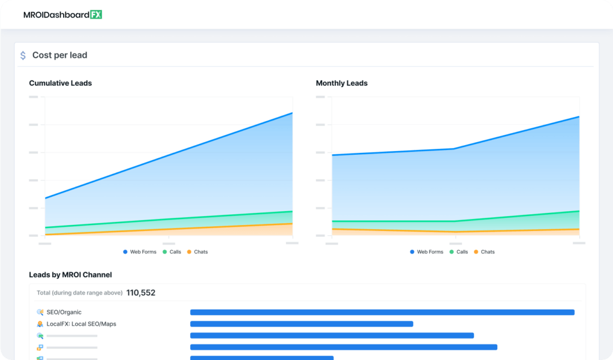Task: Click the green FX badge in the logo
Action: pyautogui.click(x=96, y=14)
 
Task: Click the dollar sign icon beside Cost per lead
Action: pyautogui.click(x=23, y=55)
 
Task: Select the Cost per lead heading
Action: pyautogui.click(x=59, y=55)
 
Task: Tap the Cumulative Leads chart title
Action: pyautogui.click(x=61, y=83)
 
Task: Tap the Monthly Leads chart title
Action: pyautogui.click(x=342, y=83)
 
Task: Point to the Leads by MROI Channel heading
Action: pyautogui.click(x=70, y=275)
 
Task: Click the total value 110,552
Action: pyautogui.click(x=141, y=293)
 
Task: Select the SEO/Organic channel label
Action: pyautogui.click(x=64, y=312)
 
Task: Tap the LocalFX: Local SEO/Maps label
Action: pyautogui.click(x=82, y=324)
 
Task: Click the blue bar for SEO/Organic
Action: pyautogui.click(x=382, y=312)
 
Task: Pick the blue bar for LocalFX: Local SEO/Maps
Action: pyautogui.click(x=302, y=324)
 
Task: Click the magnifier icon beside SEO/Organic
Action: pyautogui.click(x=40, y=312)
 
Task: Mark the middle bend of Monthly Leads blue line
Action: pyautogui.click(x=455, y=149)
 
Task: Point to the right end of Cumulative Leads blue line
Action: pyautogui.click(x=292, y=113)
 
